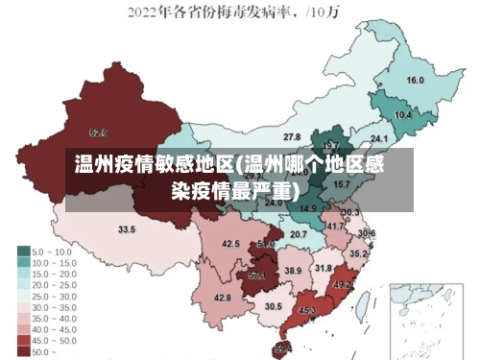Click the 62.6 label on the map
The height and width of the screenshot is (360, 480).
[x=98, y=132]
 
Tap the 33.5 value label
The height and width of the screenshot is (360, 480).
[x=127, y=229]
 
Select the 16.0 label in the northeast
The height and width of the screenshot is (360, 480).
[x=415, y=80]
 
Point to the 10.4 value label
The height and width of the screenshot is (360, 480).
[x=403, y=115]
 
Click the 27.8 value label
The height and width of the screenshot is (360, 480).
[x=291, y=137]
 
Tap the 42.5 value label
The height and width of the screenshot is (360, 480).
[x=230, y=244]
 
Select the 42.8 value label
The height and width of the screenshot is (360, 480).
[x=223, y=298]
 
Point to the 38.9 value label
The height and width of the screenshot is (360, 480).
[x=293, y=272]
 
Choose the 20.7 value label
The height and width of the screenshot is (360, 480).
[x=299, y=234]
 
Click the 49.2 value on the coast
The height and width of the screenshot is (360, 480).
[x=342, y=284]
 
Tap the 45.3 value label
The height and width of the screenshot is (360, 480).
[x=308, y=311]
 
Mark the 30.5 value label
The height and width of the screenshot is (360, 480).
[x=274, y=306]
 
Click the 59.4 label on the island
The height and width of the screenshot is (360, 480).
[x=283, y=348]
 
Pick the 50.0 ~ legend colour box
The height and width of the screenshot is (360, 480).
[x=22, y=351]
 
